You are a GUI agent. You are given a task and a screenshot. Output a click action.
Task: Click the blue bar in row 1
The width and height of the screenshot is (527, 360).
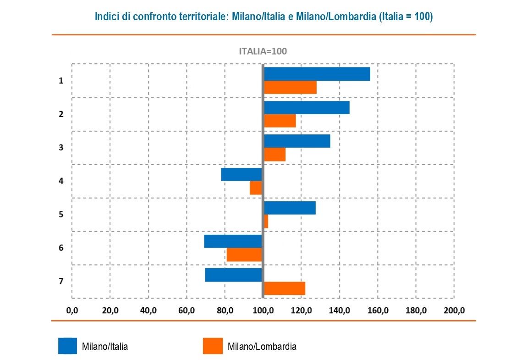coord(317,74)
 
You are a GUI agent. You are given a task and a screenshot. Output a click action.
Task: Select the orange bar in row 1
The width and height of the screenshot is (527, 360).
coord(290,87)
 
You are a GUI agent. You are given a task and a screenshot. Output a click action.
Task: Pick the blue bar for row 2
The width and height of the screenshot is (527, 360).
coord(307,107)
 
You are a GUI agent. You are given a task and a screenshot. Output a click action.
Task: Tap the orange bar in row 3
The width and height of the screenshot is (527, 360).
coord(274,155)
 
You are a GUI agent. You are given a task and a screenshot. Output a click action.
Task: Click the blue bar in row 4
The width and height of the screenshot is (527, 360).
coord(242,174)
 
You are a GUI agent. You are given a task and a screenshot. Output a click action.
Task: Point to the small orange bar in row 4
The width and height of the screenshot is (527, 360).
coord(256,188)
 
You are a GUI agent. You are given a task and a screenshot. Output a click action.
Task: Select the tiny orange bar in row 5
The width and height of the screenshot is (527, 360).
coord(266,222)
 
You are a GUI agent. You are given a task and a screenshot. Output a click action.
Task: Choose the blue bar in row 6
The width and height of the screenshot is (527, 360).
coord(233,241)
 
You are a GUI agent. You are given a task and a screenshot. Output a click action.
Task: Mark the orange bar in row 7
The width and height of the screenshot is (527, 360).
coord(285,288)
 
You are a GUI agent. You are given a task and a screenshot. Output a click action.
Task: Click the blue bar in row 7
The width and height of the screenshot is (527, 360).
coord(233,275)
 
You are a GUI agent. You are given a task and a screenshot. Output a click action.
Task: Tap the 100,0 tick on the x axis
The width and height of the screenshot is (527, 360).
coord(263,310)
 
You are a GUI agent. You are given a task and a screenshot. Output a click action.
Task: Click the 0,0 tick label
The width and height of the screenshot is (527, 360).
coord(72,310)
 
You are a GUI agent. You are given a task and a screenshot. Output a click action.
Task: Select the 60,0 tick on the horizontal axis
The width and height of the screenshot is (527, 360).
coord(187,310)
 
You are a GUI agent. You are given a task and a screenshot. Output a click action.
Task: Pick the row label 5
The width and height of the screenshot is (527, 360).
coord(61,214)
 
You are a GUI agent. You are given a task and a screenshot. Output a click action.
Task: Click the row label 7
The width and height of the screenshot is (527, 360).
coord(61,281)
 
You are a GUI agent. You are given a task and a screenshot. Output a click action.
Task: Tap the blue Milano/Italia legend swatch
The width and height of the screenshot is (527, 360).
coord(67,346)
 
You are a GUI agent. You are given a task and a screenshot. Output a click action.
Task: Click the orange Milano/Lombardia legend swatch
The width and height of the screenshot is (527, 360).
coord(213,346)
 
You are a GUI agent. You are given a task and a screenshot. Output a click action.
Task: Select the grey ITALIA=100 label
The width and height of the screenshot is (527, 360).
coord(263,51)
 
